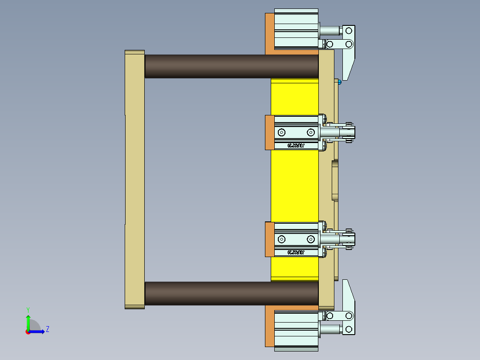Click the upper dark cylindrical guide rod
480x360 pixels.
(x=232, y=66)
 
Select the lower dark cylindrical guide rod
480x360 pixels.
(x=232, y=293)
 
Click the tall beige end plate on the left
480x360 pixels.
(x=134, y=178)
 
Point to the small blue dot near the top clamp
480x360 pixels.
(x=339, y=82)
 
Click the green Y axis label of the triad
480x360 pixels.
(x=28, y=309)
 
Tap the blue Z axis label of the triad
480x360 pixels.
(x=47, y=330)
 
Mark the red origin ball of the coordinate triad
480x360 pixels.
(x=28, y=331)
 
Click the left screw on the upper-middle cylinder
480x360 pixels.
(x=281, y=132)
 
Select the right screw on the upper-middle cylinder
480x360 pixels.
(x=310, y=132)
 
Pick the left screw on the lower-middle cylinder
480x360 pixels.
(x=281, y=240)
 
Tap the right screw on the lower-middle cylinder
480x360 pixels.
(x=310, y=240)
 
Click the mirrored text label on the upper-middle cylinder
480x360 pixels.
(x=296, y=145)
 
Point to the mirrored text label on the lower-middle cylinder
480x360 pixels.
(x=296, y=253)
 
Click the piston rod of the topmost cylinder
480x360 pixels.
(x=329, y=31)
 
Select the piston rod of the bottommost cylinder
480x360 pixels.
(x=329, y=329)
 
